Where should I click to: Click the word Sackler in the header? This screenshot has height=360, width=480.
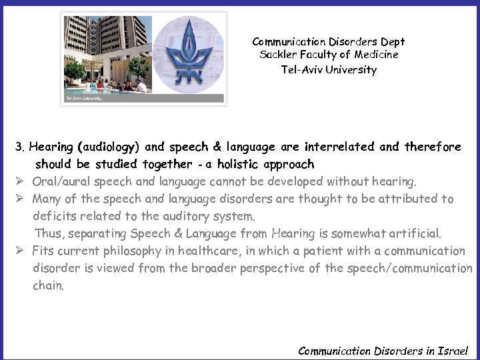(x=277, y=55)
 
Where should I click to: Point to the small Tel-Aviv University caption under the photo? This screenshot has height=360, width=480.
(x=83, y=99)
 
